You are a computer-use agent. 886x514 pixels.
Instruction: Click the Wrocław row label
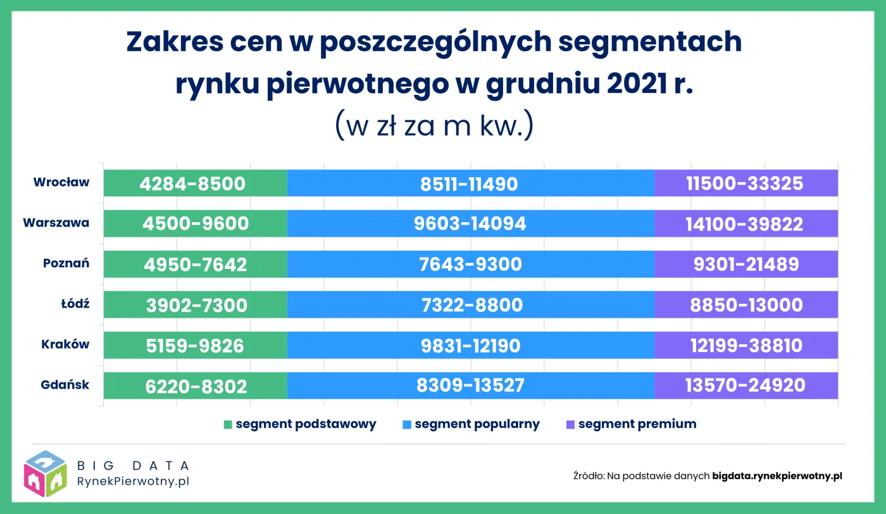(x=61, y=183)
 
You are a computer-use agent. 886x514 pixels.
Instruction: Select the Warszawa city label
(x=56, y=223)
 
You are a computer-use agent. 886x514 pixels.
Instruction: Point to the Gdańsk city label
(x=65, y=385)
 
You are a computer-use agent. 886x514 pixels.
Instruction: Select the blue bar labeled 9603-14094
(x=470, y=223)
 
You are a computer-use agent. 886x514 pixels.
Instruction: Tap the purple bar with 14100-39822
(x=746, y=223)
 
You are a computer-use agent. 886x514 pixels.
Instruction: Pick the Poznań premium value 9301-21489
(x=746, y=264)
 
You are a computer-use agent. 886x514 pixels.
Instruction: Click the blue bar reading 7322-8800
(x=470, y=304)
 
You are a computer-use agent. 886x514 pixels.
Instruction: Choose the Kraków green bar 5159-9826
(x=195, y=345)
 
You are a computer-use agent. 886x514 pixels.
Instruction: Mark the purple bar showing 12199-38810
(x=746, y=345)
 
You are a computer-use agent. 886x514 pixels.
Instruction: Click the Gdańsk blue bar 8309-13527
(x=470, y=385)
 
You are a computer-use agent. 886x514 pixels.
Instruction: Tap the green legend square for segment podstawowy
(x=228, y=425)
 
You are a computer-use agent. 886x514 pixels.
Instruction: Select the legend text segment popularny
(x=477, y=424)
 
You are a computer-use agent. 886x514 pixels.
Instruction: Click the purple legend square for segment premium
(x=571, y=425)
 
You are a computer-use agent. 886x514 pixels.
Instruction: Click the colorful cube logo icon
(x=46, y=473)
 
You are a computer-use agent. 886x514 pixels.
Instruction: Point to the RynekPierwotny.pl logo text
(x=132, y=481)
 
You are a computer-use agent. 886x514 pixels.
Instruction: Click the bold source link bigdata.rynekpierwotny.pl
(x=777, y=475)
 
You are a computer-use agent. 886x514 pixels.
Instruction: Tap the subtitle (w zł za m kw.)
(x=434, y=125)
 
